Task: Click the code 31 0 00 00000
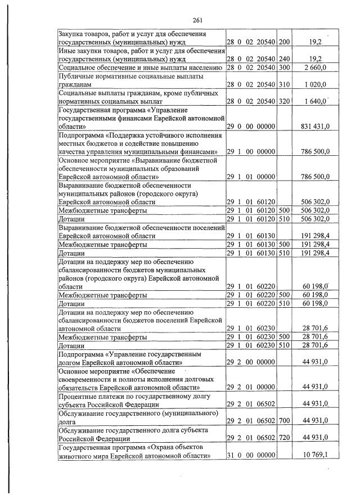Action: click(x=251, y=455)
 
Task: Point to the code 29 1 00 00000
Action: click(x=251, y=152)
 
